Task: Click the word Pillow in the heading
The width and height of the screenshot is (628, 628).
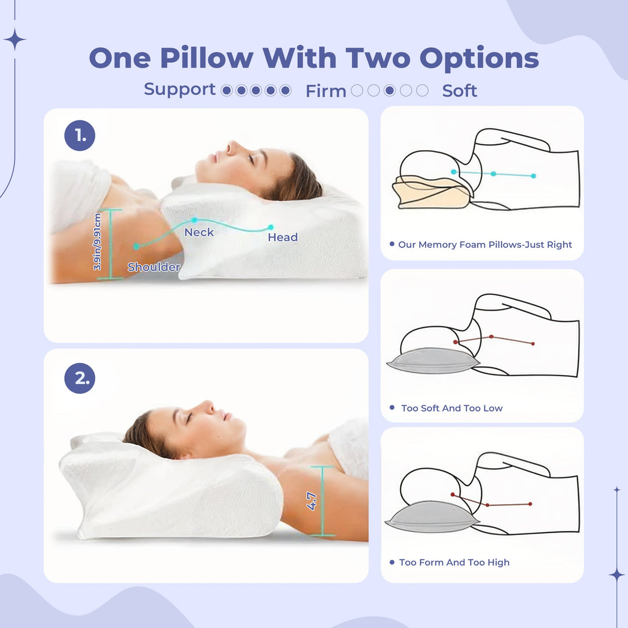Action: tap(206, 59)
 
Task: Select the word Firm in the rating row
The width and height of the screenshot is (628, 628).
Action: tap(326, 91)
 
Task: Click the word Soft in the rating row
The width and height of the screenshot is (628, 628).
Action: tap(459, 91)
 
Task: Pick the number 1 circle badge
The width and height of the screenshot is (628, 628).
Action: tap(80, 136)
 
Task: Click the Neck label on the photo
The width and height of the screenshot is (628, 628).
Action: tap(199, 233)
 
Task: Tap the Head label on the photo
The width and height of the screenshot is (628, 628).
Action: tap(283, 237)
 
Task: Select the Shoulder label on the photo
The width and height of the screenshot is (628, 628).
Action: tap(154, 267)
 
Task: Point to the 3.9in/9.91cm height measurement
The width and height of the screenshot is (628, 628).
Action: tap(98, 242)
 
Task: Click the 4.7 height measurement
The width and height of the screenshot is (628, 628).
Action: tap(312, 501)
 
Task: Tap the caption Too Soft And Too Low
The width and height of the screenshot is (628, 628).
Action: tap(452, 408)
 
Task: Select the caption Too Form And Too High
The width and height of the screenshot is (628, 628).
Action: tap(454, 562)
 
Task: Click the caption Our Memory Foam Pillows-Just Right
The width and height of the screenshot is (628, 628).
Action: tap(485, 245)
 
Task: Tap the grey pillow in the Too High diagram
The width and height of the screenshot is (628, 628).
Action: tap(430, 516)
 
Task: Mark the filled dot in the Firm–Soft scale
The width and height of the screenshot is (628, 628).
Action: tap(390, 91)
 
